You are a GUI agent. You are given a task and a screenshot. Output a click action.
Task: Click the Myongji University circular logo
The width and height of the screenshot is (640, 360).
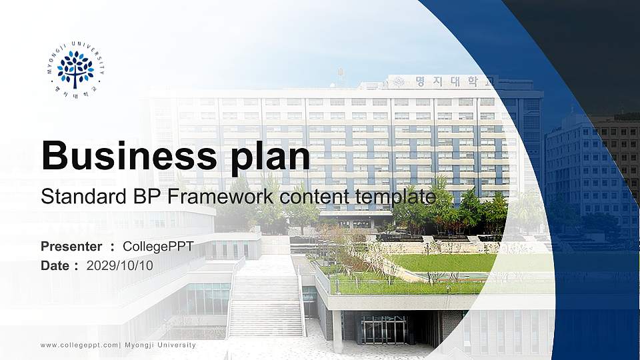(x=75, y=70)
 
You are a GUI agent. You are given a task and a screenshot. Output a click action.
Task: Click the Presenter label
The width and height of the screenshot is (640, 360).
(x=71, y=247)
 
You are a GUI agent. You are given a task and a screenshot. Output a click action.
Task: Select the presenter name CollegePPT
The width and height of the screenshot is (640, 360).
(x=158, y=247)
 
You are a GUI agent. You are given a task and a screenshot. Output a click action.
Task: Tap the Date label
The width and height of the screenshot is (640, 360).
(x=55, y=265)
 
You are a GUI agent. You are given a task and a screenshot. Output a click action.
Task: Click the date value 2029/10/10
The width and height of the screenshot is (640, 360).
(x=120, y=265)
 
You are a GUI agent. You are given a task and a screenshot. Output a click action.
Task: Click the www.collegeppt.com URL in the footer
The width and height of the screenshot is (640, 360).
(x=79, y=345)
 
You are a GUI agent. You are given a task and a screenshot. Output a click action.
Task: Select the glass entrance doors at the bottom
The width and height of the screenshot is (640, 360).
(x=383, y=330)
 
